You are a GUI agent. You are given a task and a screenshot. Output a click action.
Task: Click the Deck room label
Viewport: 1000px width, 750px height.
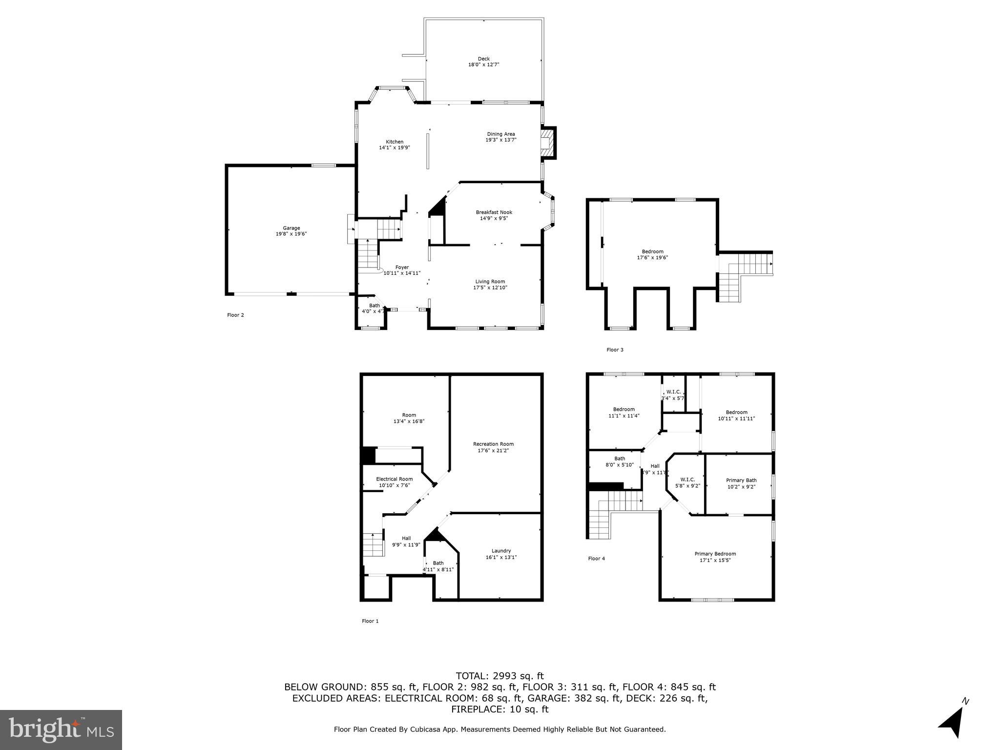[483, 59]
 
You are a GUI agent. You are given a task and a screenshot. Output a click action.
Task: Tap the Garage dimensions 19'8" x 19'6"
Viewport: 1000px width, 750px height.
[291, 234]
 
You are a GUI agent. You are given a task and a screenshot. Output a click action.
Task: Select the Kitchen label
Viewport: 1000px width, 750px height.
[395, 142]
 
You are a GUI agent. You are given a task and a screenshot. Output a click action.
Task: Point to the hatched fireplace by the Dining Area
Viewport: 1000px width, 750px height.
[548, 143]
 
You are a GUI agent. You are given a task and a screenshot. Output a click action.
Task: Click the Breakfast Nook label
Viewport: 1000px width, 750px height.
[494, 212]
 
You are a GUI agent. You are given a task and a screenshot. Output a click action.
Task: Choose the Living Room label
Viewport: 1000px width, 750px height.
[490, 281]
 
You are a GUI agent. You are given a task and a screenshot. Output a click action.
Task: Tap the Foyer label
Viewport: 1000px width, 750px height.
[402, 267]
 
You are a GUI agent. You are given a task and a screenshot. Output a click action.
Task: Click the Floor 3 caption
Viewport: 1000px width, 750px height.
[614, 350]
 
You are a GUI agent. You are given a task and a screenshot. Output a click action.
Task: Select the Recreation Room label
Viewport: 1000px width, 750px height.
[493, 444]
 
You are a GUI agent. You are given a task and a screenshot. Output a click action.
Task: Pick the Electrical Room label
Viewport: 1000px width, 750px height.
[394, 479]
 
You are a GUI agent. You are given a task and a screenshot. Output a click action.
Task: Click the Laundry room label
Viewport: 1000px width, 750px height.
[501, 551]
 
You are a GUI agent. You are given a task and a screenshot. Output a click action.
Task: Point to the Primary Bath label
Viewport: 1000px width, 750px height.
[741, 480]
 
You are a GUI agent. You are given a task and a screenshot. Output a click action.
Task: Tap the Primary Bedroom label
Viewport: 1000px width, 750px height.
[715, 554]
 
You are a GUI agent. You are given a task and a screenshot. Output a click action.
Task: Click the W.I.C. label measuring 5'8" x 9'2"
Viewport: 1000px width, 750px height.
[687, 479]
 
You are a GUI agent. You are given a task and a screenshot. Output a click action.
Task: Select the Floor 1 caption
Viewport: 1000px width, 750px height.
[370, 621]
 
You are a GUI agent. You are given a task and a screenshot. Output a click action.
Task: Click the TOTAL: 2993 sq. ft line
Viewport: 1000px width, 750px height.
[500, 676]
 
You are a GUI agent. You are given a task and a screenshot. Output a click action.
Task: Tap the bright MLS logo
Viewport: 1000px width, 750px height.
[61, 729]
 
